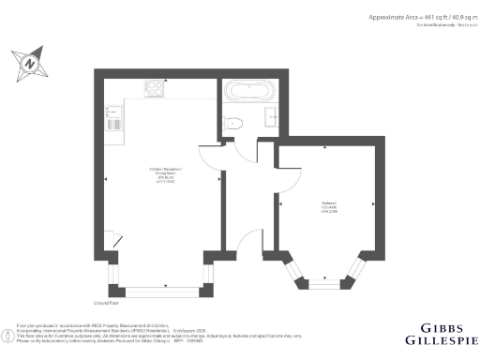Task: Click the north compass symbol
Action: (31, 63)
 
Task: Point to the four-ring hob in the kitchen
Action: (154, 89)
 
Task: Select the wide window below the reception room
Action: (156, 290)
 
